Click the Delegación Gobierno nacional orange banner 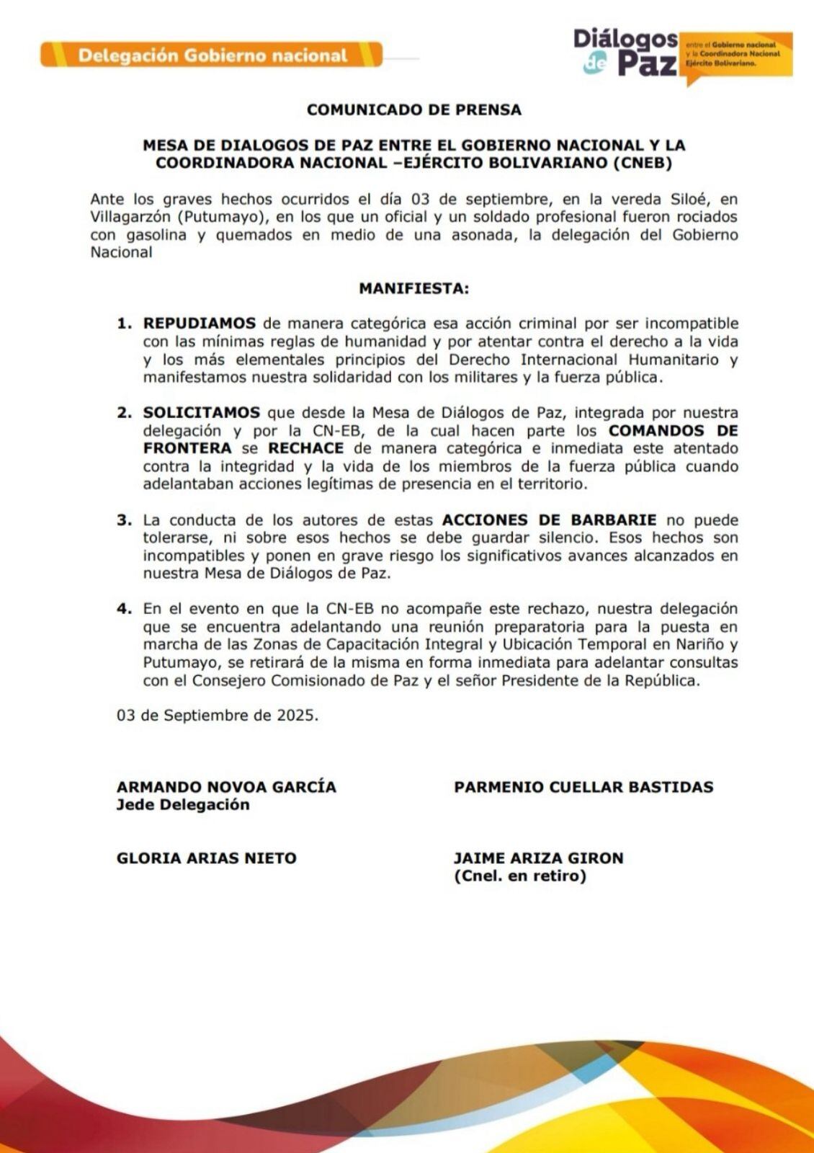pos(212,55)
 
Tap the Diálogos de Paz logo pos(626,52)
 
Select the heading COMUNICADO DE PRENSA pos(413,110)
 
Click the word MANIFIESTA pos(413,288)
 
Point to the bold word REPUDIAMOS pos(199,324)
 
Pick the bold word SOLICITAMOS pos(201,413)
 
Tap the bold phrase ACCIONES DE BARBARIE pos(549,520)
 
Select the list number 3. pos(124,520)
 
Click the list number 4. pos(124,609)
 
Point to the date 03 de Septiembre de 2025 pos(217,716)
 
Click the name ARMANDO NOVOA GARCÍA pos(226,786)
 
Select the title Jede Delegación pos(183,804)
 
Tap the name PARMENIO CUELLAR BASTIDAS pos(583,786)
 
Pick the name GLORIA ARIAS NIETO pos(206,858)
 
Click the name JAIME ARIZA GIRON pos(538,858)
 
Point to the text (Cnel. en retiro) pos(519,876)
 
